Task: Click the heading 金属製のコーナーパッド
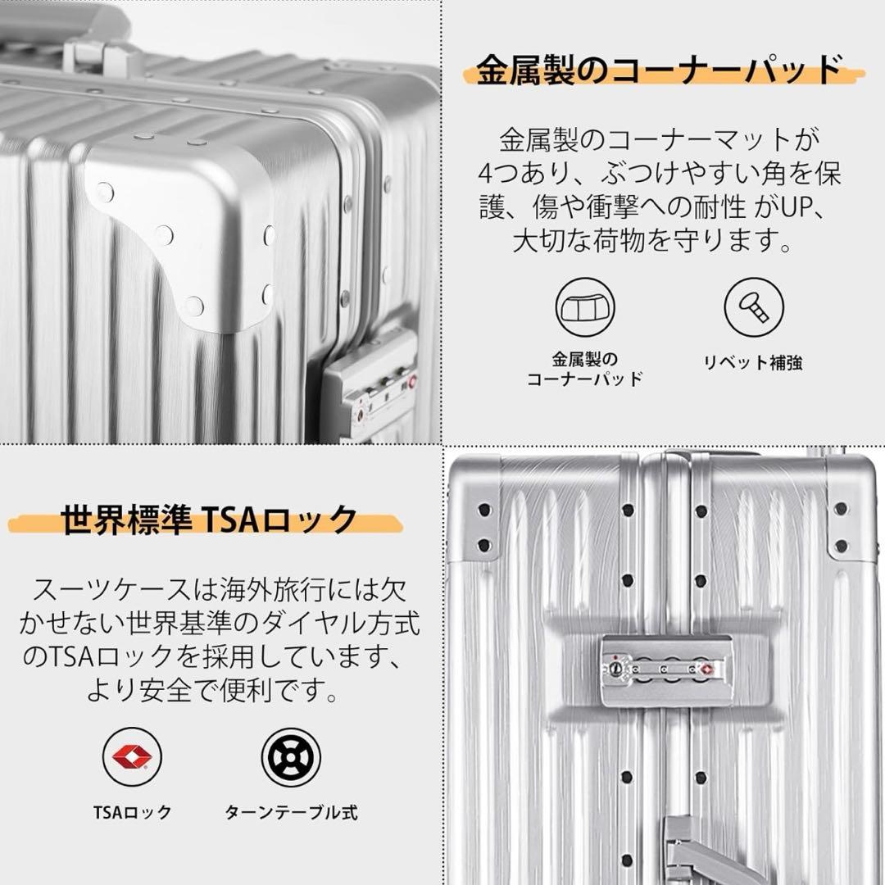660,70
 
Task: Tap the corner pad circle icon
585,306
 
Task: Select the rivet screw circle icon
754,306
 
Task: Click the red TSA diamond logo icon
132,756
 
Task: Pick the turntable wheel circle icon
291,756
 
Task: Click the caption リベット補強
753,362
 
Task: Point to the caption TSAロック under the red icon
132,812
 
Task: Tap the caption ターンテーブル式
291,812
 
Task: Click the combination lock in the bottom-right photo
665,669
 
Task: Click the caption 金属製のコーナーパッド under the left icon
584,369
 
